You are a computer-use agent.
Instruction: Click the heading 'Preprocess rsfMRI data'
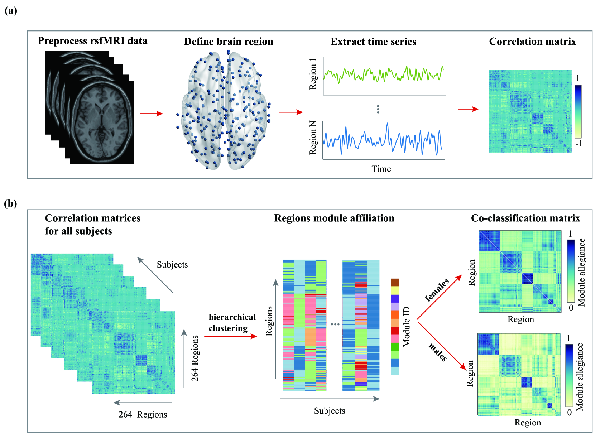(92, 41)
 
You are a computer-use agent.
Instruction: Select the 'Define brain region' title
(229, 42)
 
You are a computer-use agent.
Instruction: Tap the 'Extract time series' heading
(373, 42)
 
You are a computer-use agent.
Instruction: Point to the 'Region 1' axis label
(313, 74)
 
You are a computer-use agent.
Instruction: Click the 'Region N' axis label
(313, 138)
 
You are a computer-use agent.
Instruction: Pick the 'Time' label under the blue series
(381, 169)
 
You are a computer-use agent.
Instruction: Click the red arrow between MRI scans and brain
(151, 114)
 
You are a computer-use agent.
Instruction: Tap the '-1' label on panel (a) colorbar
(578, 144)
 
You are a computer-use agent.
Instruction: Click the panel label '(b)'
(11, 203)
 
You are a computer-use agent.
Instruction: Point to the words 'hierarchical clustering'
(232, 323)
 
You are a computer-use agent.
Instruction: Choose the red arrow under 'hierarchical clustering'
(231, 336)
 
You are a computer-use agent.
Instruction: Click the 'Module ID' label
(407, 327)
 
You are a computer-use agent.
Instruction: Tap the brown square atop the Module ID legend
(395, 282)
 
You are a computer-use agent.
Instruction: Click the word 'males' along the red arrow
(438, 352)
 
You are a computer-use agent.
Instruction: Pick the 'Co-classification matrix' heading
(525, 218)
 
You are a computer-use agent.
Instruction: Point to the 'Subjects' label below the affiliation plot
(330, 411)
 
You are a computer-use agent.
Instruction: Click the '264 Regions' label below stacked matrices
(143, 415)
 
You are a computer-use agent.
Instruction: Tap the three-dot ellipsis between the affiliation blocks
(335, 324)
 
